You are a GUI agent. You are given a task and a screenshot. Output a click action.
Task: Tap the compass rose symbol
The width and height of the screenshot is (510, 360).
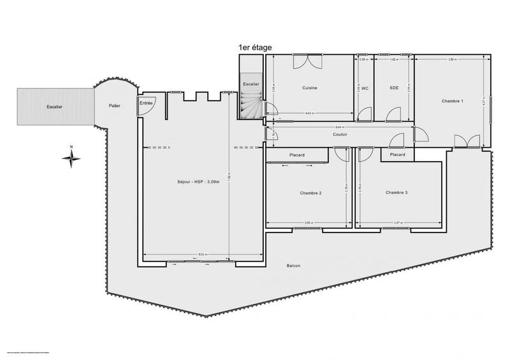pyautogui.click(x=71, y=157)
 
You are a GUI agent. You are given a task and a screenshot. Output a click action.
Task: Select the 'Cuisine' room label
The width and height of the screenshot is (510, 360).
pyautogui.click(x=310, y=88)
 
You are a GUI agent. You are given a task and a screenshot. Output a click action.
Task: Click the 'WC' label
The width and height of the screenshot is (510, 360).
pyautogui.click(x=365, y=88)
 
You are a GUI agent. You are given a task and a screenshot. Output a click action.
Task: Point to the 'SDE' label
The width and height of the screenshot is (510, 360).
pyautogui.click(x=394, y=88)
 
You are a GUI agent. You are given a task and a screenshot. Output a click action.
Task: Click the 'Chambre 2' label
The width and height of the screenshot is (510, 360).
pyautogui.click(x=310, y=192)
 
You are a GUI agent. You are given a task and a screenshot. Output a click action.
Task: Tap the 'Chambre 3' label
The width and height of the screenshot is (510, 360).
pyautogui.click(x=397, y=192)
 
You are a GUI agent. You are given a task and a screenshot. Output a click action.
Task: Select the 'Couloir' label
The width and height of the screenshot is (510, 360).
pyautogui.click(x=340, y=134)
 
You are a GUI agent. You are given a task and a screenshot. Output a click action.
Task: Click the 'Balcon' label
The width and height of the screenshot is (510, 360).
pyautogui.click(x=294, y=266)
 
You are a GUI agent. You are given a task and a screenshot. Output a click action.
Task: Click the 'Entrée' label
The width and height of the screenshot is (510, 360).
pyautogui.click(x=146, y=103)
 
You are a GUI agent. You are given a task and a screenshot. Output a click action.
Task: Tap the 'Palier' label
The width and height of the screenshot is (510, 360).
pyautogui.click(x=115, y=106)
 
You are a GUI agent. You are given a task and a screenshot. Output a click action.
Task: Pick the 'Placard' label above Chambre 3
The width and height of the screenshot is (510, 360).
pyautogui.click(x=397, y=154)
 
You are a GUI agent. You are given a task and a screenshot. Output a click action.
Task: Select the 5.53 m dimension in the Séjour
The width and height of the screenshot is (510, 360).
pyautogui.click(x=201, y=254)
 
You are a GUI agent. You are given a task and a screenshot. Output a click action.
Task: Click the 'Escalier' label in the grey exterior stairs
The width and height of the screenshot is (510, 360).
pyautogui.click(x=54, y=106)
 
